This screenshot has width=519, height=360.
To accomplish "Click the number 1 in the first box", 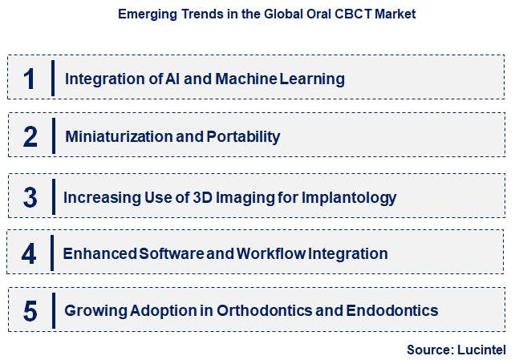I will [29, 79].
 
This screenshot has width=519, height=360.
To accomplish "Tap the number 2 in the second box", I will [30, 136].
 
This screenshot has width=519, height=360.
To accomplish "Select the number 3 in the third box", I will [30, 196].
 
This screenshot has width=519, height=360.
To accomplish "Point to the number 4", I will [30, 254].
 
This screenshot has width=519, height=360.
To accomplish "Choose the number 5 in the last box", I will [30, 310].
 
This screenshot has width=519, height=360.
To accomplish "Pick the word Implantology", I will [350, 196].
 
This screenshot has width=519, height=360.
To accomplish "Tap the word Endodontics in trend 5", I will [392, 310].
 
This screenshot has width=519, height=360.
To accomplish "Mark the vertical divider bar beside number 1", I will [53, 78].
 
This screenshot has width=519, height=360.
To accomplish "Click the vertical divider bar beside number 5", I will [53, 310].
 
